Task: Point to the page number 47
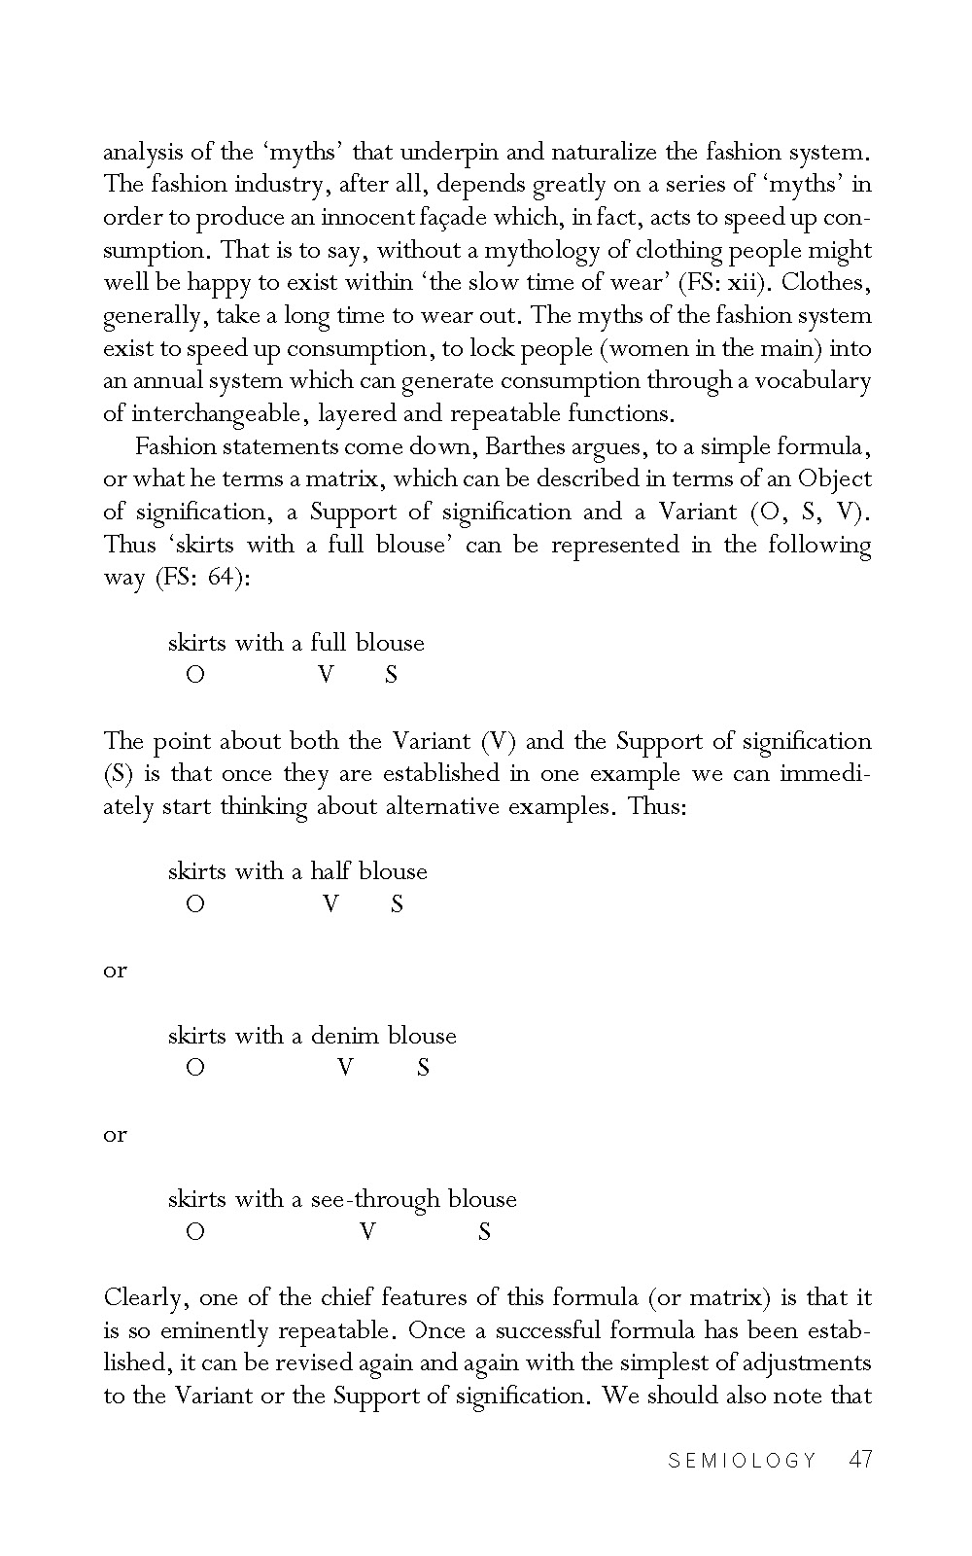(x=859, y=1459)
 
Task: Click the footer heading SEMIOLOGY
(x=743, y=1460)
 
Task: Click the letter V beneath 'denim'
(x=345, y=1068)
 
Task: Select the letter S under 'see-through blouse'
(x=484, y=1232)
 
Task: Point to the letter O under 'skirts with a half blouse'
(x=195, y=904)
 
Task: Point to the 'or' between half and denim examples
(x=115, y=970)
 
